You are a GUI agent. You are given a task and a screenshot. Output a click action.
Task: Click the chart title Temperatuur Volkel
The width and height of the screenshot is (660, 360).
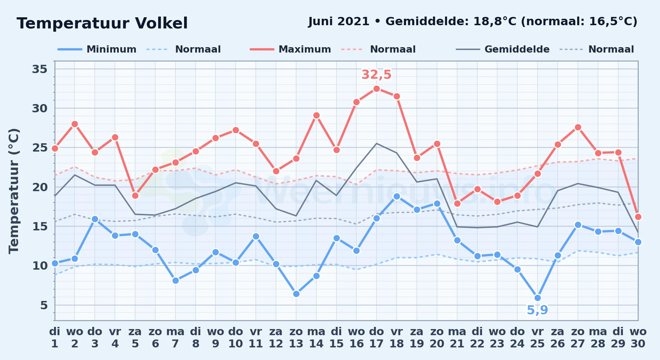(x=102, y=23)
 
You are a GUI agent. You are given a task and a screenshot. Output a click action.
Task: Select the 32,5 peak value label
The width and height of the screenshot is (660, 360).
(x=376, y=75)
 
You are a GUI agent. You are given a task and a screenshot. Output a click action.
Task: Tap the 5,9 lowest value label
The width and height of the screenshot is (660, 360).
(x=538, y=310)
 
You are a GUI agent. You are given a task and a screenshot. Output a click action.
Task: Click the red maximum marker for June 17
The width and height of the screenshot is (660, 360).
(x=376, y=89)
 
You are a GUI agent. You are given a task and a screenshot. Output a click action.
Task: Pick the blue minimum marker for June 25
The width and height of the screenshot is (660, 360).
(x=538, y=298)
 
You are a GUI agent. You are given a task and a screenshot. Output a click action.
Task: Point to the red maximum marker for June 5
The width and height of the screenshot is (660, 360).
(x=135, y=196)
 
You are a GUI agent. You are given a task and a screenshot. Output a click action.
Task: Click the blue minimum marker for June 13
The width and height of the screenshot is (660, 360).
(x=296, y=294)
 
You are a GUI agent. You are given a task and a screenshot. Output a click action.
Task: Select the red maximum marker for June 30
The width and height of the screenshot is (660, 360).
(x=638, y=217)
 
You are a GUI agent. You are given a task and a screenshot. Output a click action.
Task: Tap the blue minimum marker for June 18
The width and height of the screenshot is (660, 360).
(x=397, y=197)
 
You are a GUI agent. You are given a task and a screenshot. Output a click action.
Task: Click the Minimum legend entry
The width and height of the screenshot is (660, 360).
(x=97, y=49)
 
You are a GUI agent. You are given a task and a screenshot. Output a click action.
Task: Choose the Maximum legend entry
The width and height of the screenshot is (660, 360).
(x=290, y=49)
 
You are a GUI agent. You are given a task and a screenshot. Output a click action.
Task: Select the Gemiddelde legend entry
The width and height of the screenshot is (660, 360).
(x=503, y=49)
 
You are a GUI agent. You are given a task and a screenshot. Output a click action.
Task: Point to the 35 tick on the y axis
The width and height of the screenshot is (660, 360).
(x=40, y=69)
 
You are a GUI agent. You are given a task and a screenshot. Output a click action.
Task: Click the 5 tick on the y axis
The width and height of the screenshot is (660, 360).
(x=44, y=305)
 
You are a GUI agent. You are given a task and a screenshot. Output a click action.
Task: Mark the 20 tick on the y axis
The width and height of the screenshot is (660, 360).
(x=40, y=187)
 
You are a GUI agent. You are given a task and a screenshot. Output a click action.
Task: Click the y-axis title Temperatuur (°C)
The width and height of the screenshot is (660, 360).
(x=14, y=191)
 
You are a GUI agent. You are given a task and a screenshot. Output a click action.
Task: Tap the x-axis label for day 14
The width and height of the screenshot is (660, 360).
(x=316, y=338)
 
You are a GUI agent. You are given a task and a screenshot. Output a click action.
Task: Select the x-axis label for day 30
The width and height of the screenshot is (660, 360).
(x=638, y=338)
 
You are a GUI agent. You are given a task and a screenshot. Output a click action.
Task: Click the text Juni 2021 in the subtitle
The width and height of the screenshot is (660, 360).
(x=339, y=22)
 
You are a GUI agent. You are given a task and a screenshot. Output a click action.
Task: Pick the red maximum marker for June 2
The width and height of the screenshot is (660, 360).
(x=75, y=124)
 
